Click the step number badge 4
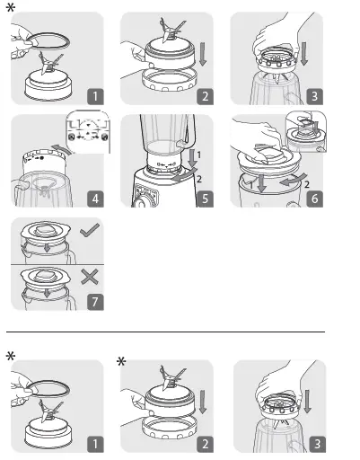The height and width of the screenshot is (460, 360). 95,199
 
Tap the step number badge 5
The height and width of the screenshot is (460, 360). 205,199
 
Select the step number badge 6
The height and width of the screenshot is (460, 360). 314,199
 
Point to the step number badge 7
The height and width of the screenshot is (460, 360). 95,302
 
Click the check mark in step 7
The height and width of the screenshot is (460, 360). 90,231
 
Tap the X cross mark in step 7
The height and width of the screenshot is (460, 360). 90,277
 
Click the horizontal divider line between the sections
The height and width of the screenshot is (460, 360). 165,332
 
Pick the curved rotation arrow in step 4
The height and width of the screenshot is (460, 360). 62,149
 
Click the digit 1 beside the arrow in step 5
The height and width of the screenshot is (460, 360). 199,155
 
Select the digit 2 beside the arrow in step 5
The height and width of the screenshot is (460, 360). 199,179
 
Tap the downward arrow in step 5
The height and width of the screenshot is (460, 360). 193,158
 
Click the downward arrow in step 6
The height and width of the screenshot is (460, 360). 262,183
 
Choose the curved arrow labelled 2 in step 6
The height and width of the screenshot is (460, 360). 293,180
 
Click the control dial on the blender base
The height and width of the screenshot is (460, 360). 140,203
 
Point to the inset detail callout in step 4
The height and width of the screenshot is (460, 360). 88,132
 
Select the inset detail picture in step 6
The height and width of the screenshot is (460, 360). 306,131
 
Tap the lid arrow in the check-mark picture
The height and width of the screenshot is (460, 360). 47,248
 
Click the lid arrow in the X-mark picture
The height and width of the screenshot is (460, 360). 47,294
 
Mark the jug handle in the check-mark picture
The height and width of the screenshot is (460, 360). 72,258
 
